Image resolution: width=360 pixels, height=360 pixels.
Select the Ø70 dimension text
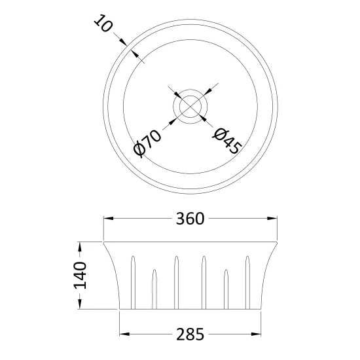(147, 141)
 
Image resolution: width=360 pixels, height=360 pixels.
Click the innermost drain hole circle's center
(190, 105)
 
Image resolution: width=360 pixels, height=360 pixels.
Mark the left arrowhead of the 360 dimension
(108, 219)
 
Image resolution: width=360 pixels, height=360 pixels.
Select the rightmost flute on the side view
(247, 281)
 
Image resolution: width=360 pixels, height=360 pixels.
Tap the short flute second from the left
(154, 288)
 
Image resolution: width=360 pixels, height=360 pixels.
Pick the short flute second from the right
(226, 288)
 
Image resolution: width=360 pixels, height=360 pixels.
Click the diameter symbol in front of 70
(139, 149)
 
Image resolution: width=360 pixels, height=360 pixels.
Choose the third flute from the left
(175, 281)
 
